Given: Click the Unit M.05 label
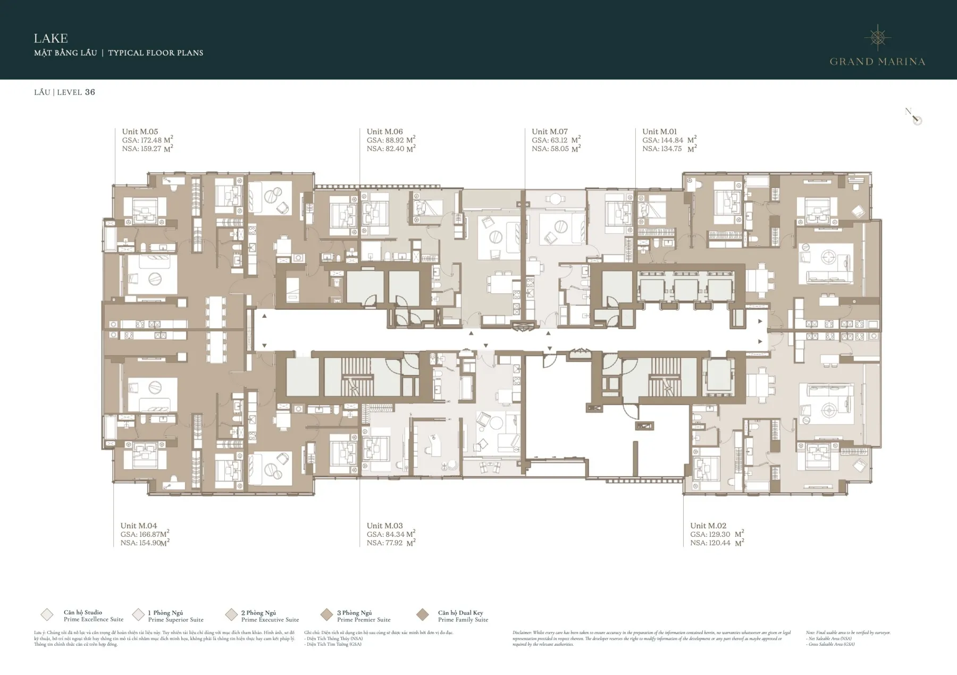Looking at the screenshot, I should (x=140, y=132).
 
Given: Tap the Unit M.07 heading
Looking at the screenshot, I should (x=550, y=132).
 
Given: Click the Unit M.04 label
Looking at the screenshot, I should (x=138, y=526).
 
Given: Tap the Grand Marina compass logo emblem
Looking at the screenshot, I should (x=878, y=37).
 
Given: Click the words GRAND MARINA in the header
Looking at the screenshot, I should (x=877, y=62).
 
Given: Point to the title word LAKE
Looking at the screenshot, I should (x=51, y=38).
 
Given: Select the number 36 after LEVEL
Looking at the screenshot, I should (x=90, y=92).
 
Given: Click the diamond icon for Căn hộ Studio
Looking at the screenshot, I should (x=47, y=615).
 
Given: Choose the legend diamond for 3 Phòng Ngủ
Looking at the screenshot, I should (x=326, y=615).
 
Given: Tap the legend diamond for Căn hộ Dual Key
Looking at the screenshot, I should (x=423, y=615).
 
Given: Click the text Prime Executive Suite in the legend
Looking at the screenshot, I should (x=270, y=620).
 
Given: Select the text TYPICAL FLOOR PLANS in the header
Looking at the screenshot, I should (x=156, y=53).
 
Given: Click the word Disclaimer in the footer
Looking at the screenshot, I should (x=524, y=633).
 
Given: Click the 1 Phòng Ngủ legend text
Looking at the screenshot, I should (x=165, y=613).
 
